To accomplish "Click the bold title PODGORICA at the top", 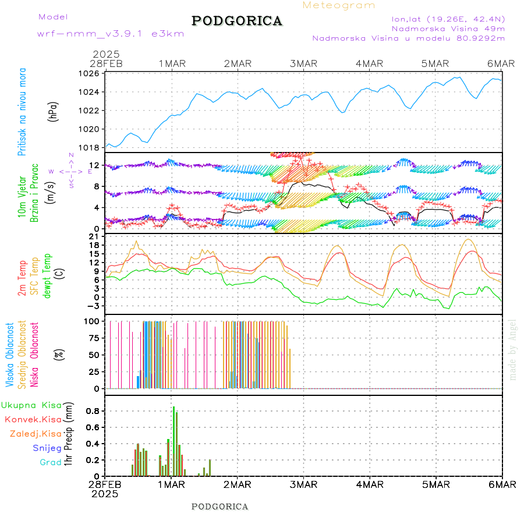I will click(x=237, y=21).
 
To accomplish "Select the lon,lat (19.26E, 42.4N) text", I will click(x=448, y=19).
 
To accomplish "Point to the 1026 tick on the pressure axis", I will click(x=90, y=73).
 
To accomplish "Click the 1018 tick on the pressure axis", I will click(x=90, y=147).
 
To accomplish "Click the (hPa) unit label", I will click(x=54, y=111).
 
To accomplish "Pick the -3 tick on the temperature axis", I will click(x=93, y=306).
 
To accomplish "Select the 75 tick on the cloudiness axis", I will click(x=93, y=338).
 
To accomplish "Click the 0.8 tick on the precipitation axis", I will click(x=92, y=410).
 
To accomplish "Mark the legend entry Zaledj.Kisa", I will click(x=36, y=433).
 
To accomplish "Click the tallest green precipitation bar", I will click(x=174, y=441).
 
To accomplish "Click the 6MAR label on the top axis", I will click(x=501, y=63).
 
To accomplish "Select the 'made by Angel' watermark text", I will click(x=512, y=349).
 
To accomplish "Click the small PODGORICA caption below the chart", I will click(x=219, y=507).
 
